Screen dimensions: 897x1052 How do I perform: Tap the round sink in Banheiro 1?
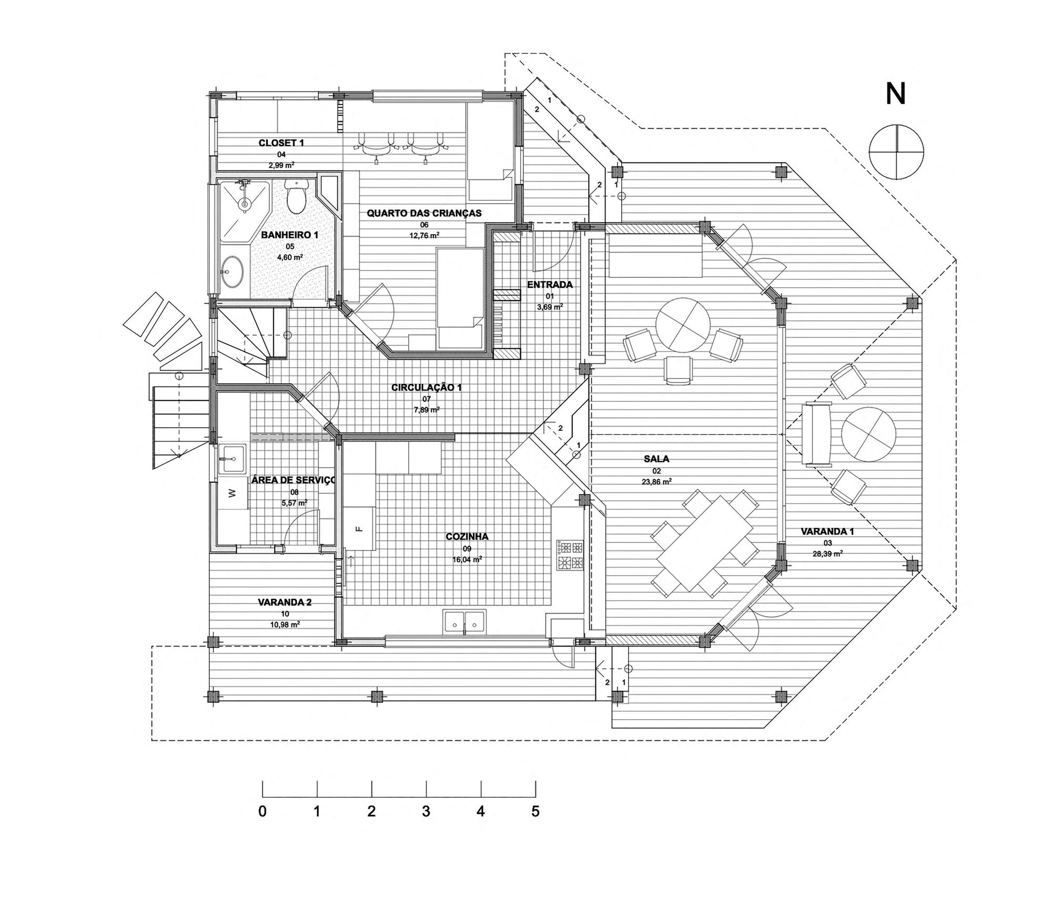(231, 272)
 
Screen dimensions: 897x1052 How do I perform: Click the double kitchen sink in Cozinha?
(464, 622)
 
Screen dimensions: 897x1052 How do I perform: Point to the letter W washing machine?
(232, 493)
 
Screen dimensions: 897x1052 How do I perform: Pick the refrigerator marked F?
(360, 529)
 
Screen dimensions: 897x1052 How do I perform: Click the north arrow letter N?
(896, 95)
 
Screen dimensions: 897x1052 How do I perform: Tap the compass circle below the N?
(896, 152)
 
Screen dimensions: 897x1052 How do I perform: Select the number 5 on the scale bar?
(535, 811)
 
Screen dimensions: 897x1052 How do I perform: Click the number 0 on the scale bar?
(262, 811)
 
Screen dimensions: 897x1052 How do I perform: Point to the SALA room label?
(656, 459)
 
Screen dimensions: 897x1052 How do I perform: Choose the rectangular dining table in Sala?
(704, 543)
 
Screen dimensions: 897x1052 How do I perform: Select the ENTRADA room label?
(550, 285)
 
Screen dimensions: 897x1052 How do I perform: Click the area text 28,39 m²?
(827, 553)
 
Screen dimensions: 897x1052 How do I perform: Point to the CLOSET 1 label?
(281, 143)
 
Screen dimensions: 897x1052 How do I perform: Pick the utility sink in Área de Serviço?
(231, 460)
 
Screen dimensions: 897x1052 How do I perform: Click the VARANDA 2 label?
(285, 602)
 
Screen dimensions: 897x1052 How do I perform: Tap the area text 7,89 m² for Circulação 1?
(427, 409)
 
